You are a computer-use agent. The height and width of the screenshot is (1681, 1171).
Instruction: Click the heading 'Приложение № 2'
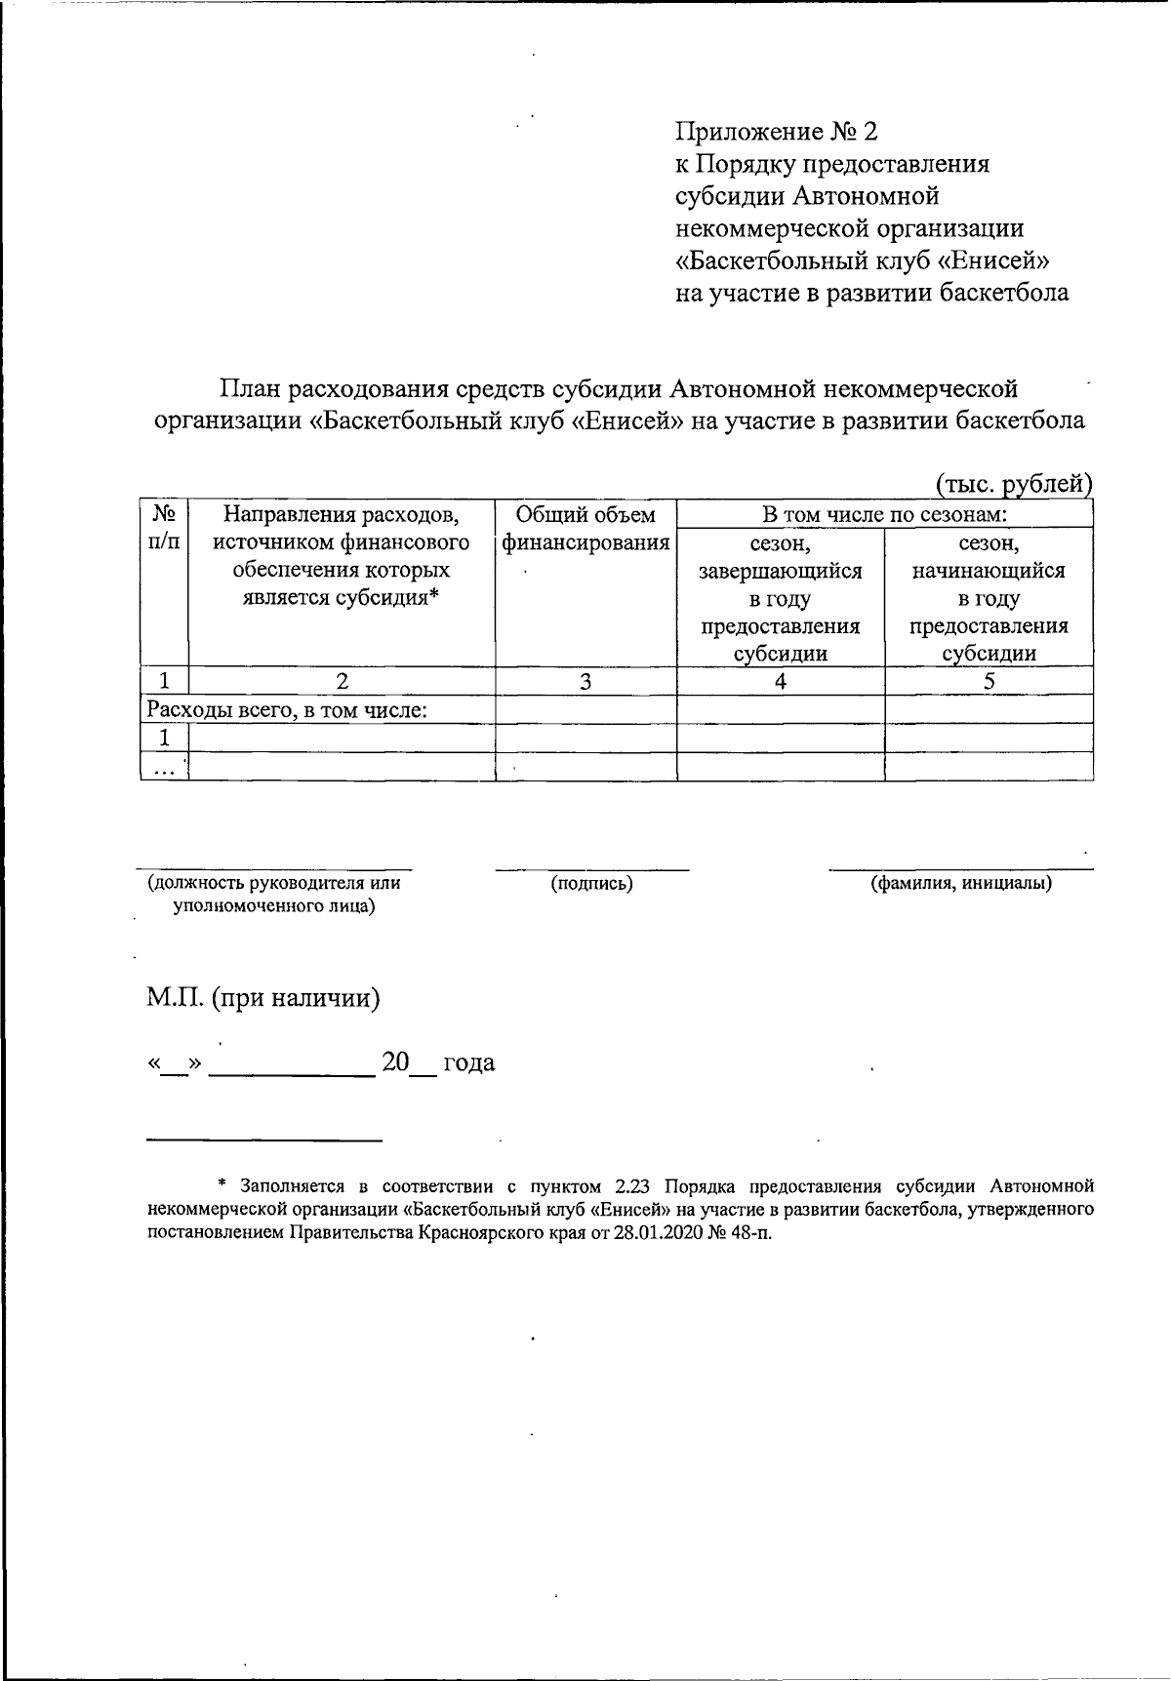point(777,132)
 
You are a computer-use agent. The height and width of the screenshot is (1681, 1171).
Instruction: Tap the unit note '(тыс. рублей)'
point(1013,483)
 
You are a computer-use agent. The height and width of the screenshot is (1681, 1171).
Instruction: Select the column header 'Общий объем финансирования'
point(585,529)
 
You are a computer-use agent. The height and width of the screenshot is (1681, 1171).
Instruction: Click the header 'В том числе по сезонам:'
point(884,514)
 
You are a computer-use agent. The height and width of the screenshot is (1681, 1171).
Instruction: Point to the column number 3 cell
point(585,682)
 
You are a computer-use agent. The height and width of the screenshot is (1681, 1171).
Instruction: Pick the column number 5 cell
point(989,682)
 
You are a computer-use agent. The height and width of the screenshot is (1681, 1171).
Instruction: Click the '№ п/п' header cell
point(164,527)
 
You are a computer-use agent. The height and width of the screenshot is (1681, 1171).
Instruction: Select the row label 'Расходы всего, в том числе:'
point(288,710)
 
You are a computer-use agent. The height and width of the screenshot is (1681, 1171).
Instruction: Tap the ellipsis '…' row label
point(164,768)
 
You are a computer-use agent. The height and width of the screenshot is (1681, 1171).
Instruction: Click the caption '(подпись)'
point(591,884)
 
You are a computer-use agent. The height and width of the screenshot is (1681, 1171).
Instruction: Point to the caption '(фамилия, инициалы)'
point(960,884)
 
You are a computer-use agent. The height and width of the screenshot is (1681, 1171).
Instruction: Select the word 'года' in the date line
point(469,1062)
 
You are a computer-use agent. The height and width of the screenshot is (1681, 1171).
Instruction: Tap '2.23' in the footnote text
point(634,1187)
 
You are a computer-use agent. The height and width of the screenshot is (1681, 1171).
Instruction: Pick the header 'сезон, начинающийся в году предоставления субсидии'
point(989,597)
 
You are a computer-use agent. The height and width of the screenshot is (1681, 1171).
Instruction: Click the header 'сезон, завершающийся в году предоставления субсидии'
point(781,597)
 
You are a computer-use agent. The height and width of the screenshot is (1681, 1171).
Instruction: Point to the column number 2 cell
point(342,682)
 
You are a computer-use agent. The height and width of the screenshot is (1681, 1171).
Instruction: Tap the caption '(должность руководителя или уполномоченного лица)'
point(273,895)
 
